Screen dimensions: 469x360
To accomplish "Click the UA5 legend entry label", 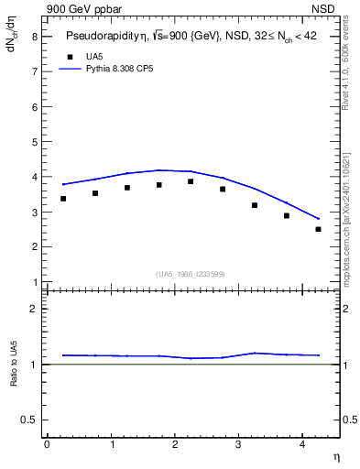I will coord(94,57).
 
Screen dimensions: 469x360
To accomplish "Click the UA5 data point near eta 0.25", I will coord(63,199).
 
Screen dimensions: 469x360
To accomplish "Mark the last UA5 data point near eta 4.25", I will coord(318,229).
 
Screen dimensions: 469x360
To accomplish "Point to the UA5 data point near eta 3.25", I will coord(255,205).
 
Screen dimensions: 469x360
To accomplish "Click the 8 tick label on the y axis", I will coord(34,37).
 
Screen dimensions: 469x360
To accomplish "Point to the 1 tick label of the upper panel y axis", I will coord(34,281).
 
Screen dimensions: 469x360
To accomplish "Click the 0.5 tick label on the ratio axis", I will coord(29,420).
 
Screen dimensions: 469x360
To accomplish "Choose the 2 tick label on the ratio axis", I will coord(34,309).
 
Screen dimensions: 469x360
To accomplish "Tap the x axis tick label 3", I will coord(239,444).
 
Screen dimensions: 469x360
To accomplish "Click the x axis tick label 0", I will coord(47,444).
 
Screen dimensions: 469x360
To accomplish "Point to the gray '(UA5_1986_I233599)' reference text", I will coord(191,273).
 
